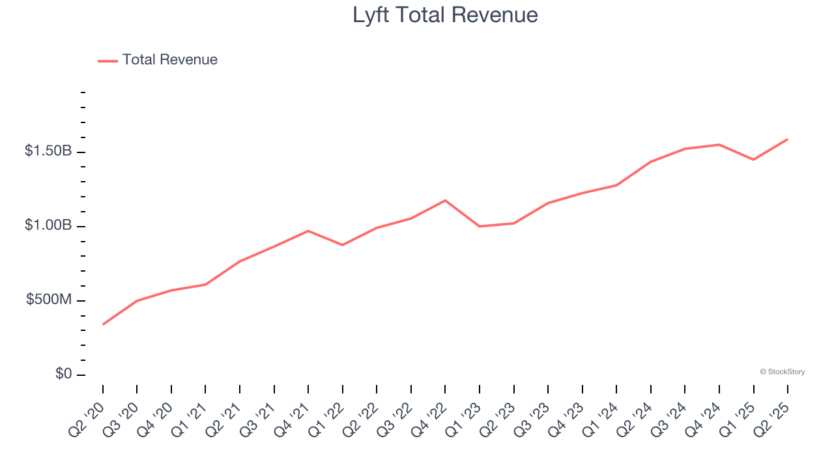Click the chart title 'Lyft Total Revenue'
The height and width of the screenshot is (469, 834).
[x=445, y=15]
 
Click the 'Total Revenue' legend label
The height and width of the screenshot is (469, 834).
[x=169, y=60]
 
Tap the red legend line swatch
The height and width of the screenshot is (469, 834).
[x=108, y=61]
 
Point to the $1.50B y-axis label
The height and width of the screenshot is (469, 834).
[x=48, y=151]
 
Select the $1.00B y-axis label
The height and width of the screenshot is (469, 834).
[x=48, y=225]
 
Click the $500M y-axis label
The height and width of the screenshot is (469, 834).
[x=49, y=300]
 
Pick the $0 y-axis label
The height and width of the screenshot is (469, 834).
[x=63, y=374]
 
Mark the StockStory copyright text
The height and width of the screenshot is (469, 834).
[x=782, y=372]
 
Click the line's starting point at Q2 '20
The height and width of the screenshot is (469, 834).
[x=103, y=324]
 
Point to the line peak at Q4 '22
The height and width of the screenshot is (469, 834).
[x=445, y=200]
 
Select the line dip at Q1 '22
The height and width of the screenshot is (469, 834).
[x=343, y=245]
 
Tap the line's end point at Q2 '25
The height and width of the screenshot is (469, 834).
[x=787, y=139]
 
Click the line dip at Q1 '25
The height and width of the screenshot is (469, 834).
[x=753, y=160]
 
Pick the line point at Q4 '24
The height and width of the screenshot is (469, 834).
[x=719, y=145]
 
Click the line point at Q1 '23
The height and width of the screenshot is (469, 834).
[x=480, y=226]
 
